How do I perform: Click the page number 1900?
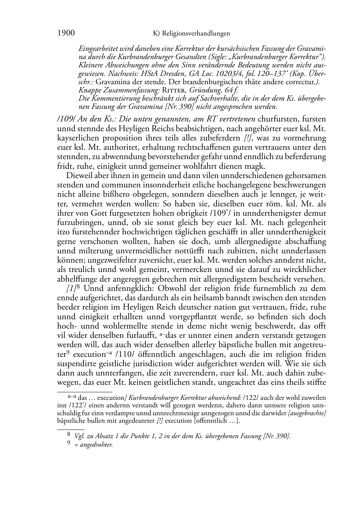pos(66,33)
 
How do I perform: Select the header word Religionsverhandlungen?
pos(196,34)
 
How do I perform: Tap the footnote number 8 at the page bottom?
pos(69,435)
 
